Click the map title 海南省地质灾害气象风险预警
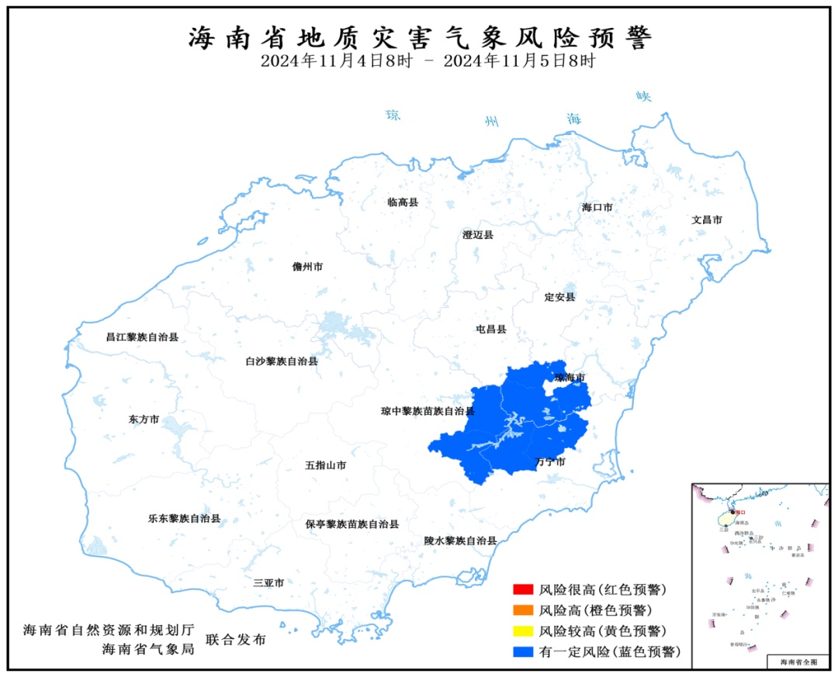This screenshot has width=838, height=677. pyautogui.click(x=420, y=36)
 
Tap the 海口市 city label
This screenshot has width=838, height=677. pyautogui.click(x=597, y=208)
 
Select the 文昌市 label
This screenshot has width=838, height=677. pyautogui.click(x=707, y=219)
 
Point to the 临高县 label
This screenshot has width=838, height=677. pyautogui.click(x=403, y=202)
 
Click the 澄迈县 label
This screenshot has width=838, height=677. pyautogui.click(x=477, y=235)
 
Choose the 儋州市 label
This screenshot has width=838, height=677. pyautogui.click(x=307, y=267)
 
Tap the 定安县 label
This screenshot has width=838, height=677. pyautogui.click(x=559, y=297)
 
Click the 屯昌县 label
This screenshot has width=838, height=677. pyautogui.click(x=490, y=329)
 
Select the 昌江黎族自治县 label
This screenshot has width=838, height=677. pyautogui.click(x=142, y=337)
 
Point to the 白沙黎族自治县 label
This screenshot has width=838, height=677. pyautogui.click(x=281, y=361)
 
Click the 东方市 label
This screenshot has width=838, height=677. pyautogui.click(x=144, y=419)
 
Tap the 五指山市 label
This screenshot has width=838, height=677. pyautogui.click(x=325, y=466)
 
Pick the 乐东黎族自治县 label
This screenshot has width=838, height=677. pyautogui.click(x=184, y=518)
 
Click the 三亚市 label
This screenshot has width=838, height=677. pyautogui.click(x=268, y=582)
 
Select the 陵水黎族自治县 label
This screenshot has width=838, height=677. pyautogui.click(x=460, y=541)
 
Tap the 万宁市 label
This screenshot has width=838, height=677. pyautogui.click(x=550, y=462)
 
